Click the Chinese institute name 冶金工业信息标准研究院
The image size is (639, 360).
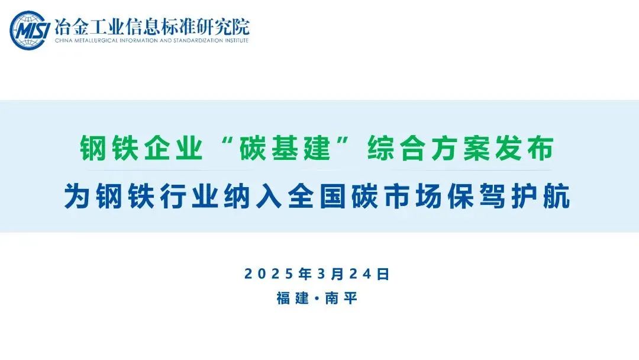[x=151, y=27]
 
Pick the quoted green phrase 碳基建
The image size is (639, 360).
[x=285, y=148]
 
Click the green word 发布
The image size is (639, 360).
[x=524, y=148]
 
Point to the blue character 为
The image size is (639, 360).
[x=77, y=196]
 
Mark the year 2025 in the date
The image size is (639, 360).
[x=269, y=274]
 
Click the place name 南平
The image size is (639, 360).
[x=341, y=298]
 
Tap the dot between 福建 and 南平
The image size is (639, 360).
[x=317, y=298]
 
